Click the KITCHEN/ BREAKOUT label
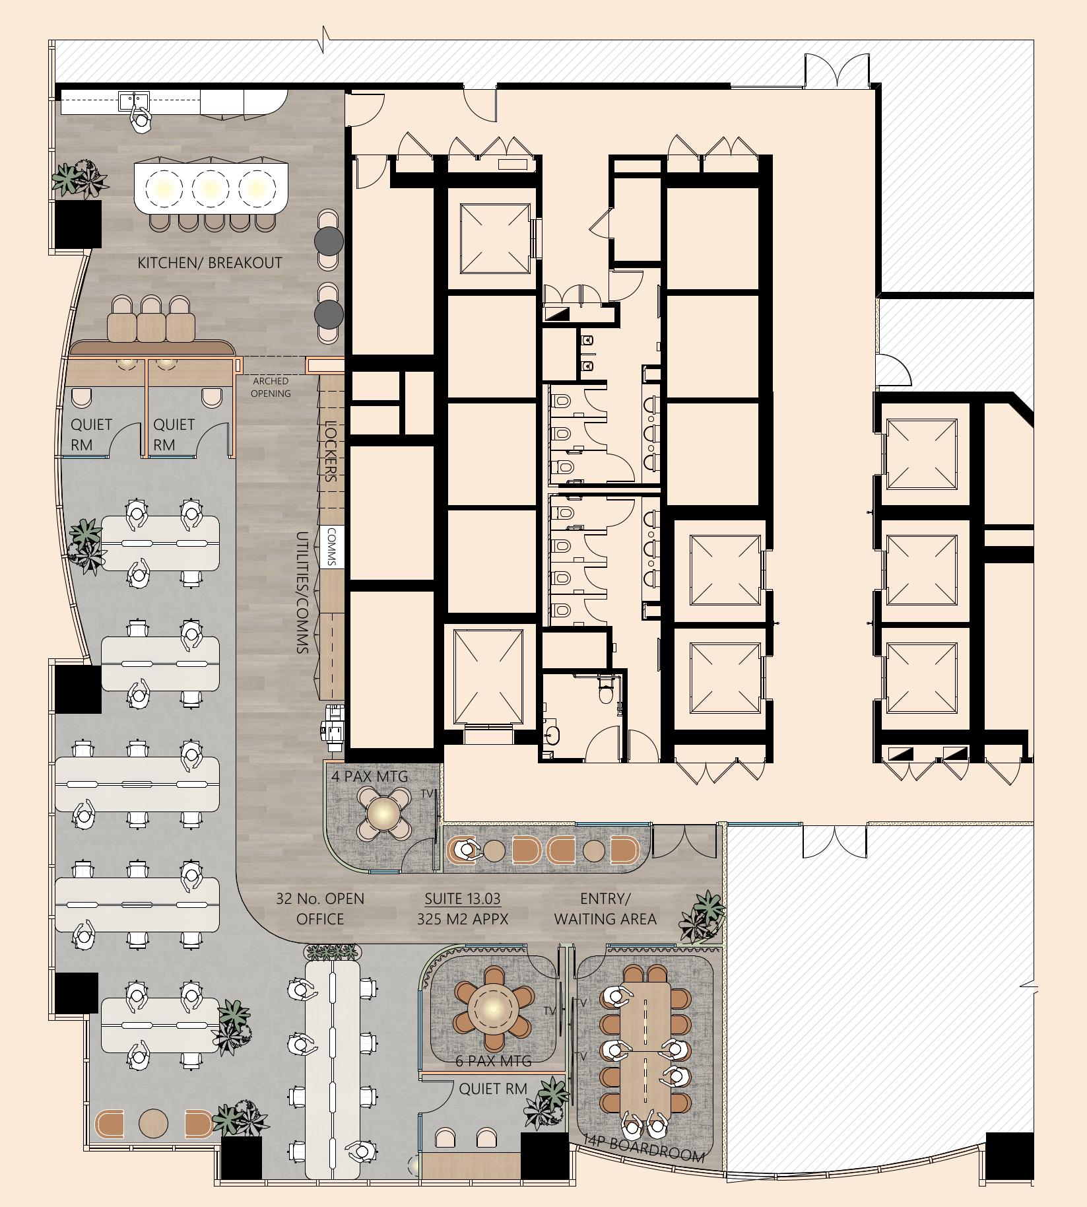pos(209,263)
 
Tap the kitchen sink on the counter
pos(134,101)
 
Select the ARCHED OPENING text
pos(271,387)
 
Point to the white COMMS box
pos(332,547)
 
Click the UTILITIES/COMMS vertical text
pos(302,592)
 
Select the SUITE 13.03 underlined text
pos(462,899)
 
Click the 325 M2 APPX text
pos(462,919)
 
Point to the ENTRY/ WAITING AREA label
pos(605,909)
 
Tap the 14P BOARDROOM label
pos(644,1149)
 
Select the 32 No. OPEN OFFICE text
pos(320,909)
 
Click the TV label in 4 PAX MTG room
pos(427,794)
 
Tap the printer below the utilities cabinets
pos(333,727)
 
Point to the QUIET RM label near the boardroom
pos(492,1089)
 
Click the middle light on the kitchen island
pos(211,188)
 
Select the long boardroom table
pos(645,1050)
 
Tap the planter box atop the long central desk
pos(332,952)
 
